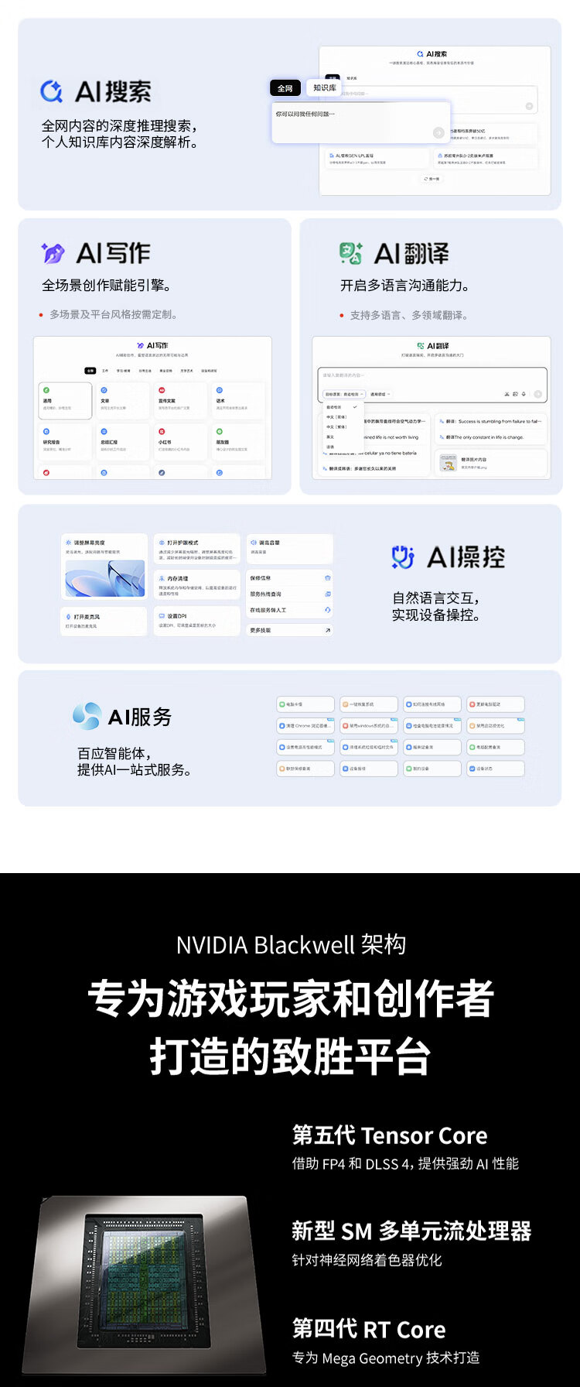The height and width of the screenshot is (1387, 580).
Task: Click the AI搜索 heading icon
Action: pos(51,91)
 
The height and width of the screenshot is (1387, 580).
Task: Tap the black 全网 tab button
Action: pos(285,88)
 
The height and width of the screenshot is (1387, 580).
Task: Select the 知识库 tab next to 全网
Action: pos(324,88)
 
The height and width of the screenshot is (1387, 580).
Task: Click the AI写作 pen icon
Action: pos(53,253)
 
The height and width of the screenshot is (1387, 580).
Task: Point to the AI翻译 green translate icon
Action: pos(350,253)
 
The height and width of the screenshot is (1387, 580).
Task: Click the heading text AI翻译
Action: pos(411,253)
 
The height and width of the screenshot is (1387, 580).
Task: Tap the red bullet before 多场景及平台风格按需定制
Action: pos(41,315)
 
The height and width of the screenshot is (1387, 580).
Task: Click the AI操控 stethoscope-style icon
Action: pos(403,557)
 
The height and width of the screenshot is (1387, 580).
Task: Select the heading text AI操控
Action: pos(466,557)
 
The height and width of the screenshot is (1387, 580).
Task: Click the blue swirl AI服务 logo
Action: pos(87,716)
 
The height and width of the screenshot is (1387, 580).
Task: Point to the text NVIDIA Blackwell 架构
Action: pos(290,945)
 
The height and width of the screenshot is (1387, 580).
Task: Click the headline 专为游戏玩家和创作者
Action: pos(290,998)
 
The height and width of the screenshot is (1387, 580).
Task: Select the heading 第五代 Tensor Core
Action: pos(390,1135)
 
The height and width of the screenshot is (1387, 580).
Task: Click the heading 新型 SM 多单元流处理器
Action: pos(411,1231)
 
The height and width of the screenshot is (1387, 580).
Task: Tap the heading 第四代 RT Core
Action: pos(369,1329)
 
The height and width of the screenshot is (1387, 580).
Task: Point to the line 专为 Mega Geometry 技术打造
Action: pos(385,1358)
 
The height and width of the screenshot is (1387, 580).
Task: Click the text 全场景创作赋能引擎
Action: pos(106,286)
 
